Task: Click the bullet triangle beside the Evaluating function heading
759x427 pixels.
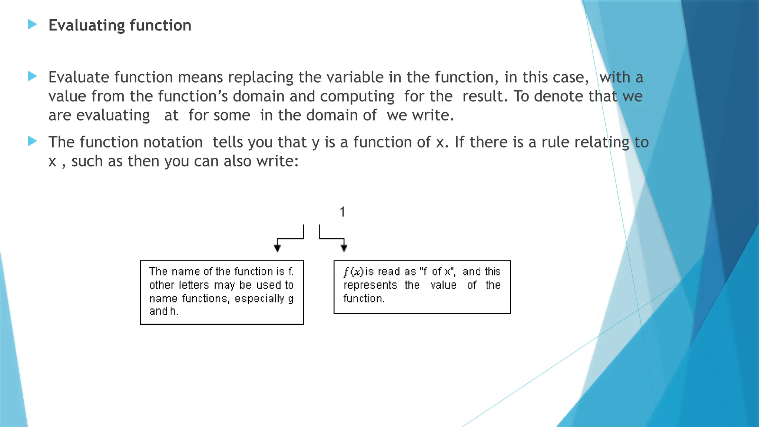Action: (x=33, y=25)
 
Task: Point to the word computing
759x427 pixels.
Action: (x=357, y=96)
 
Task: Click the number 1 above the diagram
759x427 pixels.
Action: (x=342, y=212)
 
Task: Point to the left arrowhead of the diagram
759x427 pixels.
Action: (x=277, y=248)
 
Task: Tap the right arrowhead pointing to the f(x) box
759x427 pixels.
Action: (x=344, y=248)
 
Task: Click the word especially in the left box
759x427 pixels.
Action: (x=259, y=298)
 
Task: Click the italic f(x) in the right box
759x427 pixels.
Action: (x=353, y=272)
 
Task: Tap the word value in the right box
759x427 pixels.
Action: (x=443, y=285)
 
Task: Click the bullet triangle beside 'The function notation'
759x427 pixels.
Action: (x=33, y=141)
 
